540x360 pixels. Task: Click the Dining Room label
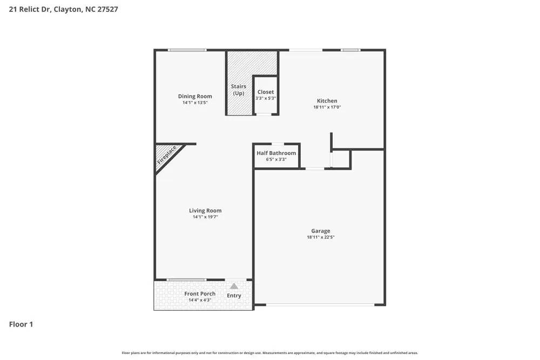[195, 97]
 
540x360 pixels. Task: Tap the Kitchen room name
[327, 101]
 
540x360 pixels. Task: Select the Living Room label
[205, 211]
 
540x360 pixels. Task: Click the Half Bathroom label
[276, 153]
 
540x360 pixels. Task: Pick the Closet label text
[266, 92]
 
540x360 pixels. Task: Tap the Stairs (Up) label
[239, 90]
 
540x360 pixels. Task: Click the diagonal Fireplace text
[167, 155]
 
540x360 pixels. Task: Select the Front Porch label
[200, 294]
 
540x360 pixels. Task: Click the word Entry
[234, 296]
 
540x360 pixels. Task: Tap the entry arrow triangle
[234, 286]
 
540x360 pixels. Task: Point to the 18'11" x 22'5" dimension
[324, 237]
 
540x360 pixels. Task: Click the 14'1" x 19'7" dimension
[205, 217]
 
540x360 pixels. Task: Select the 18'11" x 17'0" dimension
[327, 107]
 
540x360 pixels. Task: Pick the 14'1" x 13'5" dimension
[195, 103]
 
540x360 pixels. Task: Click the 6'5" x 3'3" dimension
[276, 159]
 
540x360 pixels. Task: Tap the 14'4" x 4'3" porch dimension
[200, 300]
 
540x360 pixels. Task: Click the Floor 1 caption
[21, 324]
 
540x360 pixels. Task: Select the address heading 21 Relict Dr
[64, 9]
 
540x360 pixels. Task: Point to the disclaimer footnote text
[270, 353]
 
